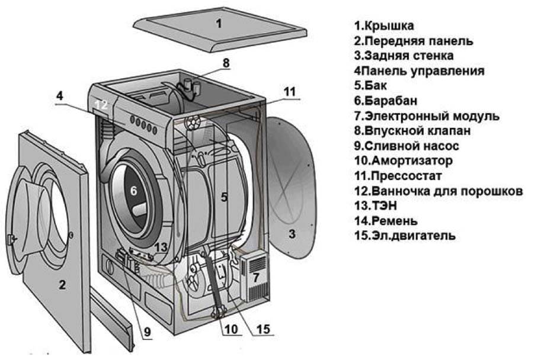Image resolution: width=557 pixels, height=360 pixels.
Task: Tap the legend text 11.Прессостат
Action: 398,176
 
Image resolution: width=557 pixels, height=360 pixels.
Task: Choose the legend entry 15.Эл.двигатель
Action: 405,236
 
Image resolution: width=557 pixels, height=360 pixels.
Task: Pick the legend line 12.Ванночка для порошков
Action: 438,191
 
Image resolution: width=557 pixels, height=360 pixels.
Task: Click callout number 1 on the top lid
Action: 219,24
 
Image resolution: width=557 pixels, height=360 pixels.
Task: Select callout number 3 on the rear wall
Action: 292,233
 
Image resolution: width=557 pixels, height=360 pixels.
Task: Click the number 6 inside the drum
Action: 133,191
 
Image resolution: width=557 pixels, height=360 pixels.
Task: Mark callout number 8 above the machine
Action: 226,62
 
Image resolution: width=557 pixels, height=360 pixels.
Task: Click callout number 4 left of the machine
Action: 60,95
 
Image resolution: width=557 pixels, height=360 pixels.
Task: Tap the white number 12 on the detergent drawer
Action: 101,105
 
